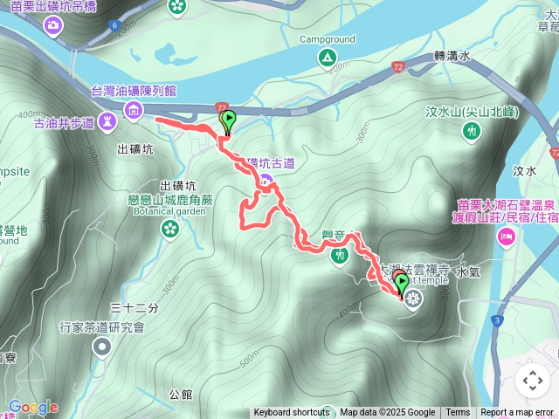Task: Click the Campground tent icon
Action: point(328,58)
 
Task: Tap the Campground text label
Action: point(328,39)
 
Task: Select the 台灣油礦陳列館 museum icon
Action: point(134,109)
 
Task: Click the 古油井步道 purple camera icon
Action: point(107,120)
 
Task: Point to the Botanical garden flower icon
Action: point(169,228)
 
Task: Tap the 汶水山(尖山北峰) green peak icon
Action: point(472,131)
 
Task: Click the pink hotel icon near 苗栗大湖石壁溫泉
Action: point(506,237)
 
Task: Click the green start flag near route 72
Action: point(228,120)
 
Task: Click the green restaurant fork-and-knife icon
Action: point(339,255)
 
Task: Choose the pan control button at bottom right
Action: point(532,381)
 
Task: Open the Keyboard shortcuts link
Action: point(292,413)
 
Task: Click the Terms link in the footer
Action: point(458,413)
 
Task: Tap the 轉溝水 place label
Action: point(452,56)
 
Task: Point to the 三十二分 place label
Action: point(135,308)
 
